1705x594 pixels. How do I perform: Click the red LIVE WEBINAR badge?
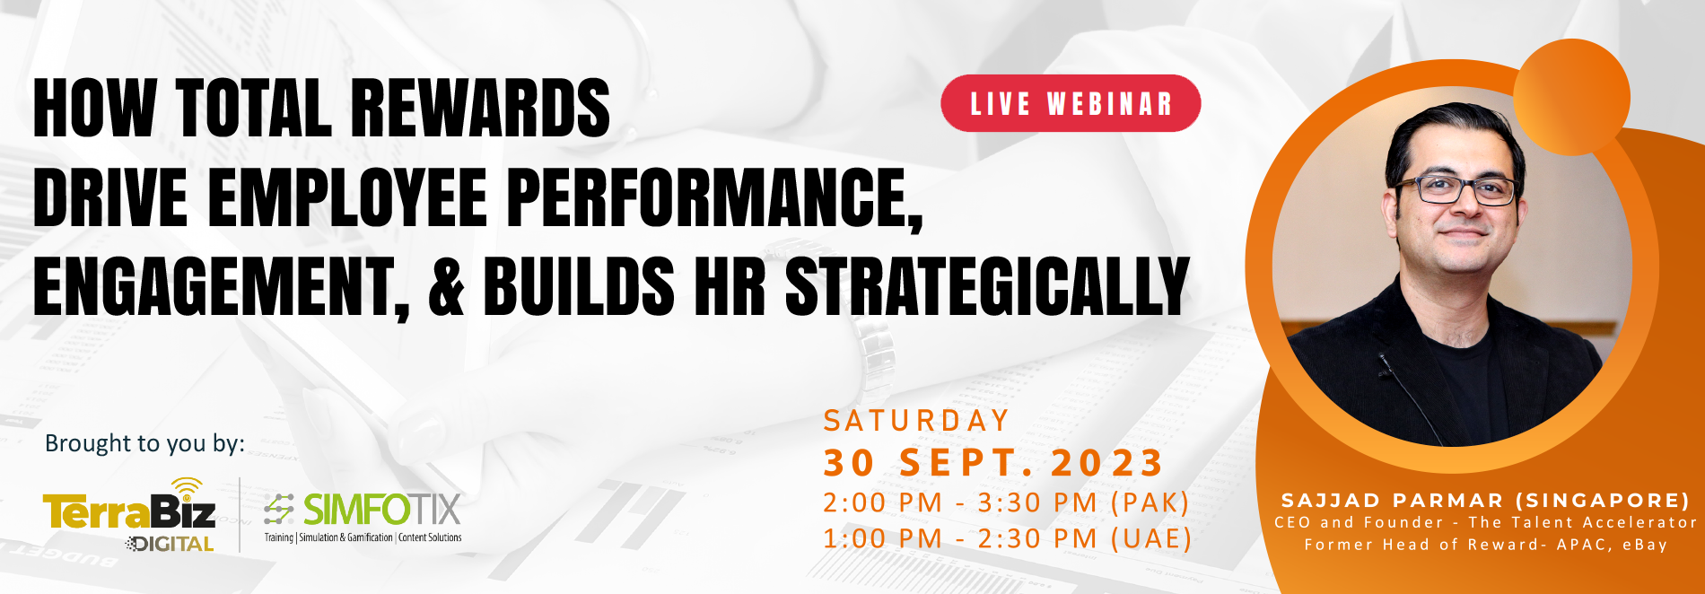[x=1071, y=103]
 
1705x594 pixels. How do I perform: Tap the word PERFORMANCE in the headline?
[x=715, y=197]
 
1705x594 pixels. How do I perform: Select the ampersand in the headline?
[x=446, y=286]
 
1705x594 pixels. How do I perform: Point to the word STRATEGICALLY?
[x=987, y=286]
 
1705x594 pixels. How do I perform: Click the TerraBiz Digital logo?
[x=129, y=515]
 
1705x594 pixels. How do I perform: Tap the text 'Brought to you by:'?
[x=144, y=443]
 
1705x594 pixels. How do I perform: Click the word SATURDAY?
[x=917, y=421]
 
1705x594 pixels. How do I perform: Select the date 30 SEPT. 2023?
[x=993, y=463]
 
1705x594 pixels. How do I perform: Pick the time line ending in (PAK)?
[x=1007, y=503]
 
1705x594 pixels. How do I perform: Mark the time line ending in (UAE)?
[x=1008, y=539]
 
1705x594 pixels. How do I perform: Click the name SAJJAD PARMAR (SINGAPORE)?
[x=1485, y=500]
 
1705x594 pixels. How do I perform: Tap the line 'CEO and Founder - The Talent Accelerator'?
[x=1485, y=522]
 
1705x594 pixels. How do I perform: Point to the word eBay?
[x=1644, y=545]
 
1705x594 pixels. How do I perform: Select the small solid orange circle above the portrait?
[x=1571, y=97]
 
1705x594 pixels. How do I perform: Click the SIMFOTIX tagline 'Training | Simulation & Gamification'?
[x=328, y=537]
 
